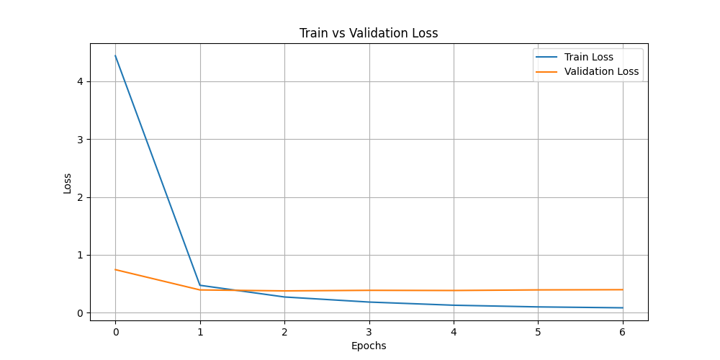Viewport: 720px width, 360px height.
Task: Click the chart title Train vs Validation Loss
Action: (x=369, y=33)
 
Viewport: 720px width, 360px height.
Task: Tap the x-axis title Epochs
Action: (x=369, y=346)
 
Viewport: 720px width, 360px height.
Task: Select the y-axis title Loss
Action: (x=68, y=183)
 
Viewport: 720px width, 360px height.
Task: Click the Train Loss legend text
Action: (x=593, y=57)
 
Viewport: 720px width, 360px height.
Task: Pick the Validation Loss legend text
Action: (x=601, y=71)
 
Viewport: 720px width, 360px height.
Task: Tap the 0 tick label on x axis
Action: (x=115, y=332)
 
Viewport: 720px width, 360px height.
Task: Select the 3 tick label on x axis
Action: (x=369, y=332)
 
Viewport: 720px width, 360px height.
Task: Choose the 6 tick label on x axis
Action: (x=623, y=332)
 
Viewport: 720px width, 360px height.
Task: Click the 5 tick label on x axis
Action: (x=538, y=332)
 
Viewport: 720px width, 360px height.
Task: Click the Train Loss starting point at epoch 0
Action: (x=115, y=56)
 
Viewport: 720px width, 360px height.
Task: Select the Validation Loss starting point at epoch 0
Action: (x=115, y=269)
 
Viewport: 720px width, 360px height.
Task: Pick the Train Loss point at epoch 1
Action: (x=200, y=285)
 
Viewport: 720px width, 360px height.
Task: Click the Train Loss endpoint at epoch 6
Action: (x=623, y=307)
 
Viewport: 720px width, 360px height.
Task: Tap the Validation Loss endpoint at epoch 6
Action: (x=623, y=289)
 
